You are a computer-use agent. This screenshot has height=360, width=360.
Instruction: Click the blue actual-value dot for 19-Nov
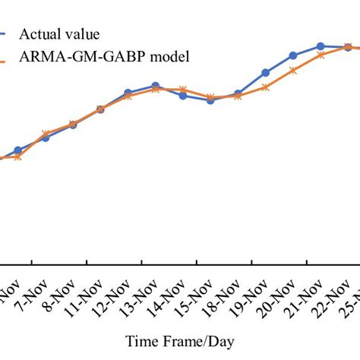click(265, 73)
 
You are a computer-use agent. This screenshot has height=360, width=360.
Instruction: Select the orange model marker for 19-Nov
click(265, 87)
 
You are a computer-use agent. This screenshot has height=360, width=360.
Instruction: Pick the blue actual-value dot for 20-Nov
click(293, 55)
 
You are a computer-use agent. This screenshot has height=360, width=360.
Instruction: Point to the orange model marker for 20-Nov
click(293, 71)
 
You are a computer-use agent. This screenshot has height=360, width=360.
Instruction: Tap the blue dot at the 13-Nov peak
click(156, 86)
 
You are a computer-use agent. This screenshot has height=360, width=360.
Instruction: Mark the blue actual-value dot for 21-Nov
click(321, 46)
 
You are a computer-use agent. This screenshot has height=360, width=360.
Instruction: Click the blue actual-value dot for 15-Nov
click(210, 100)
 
